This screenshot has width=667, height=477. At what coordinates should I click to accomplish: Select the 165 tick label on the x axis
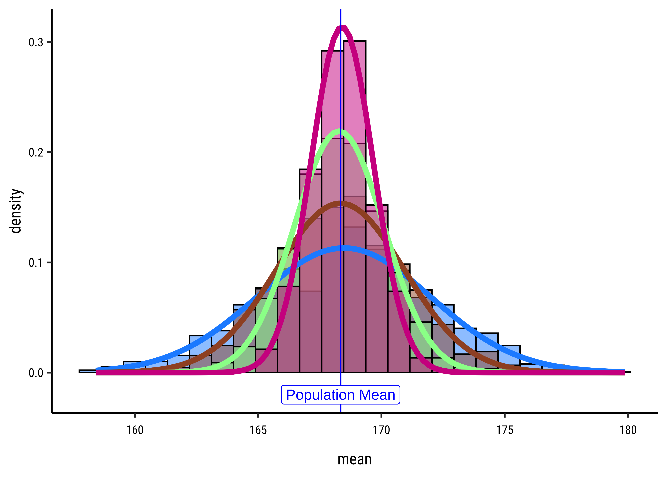(x=258, y=430)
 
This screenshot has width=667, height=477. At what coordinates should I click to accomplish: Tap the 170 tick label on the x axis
(x=381, y=430)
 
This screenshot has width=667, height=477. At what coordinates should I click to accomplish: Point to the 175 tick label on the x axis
(x=505, y=430)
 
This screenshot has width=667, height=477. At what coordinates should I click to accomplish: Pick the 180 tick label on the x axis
(x=628, y=430)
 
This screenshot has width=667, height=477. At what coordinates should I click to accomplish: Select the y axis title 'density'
(x=15, y=211)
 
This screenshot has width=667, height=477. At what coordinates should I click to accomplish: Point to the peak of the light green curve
(x=340, y=131)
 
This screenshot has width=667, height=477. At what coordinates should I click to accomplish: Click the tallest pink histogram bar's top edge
(x=355, y=41)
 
